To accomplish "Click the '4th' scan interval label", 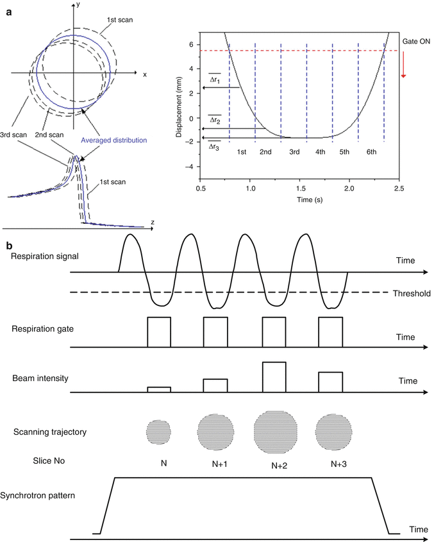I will pos(319,153).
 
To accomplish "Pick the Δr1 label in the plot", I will pos(215,81).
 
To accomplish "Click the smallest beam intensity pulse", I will pos(159,389).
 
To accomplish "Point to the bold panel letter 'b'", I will pos(6,245).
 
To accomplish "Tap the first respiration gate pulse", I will pos(159,332).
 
